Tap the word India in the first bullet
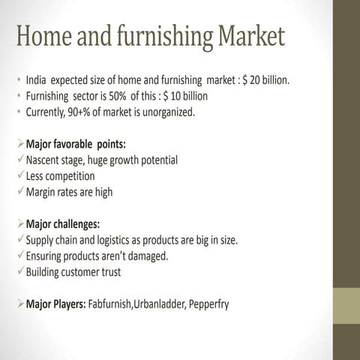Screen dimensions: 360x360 [37, 79]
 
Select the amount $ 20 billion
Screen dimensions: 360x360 [266, 79]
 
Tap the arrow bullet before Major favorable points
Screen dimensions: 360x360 [19, 143]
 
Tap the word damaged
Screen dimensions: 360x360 [147, 256]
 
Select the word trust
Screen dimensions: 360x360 [108, 272]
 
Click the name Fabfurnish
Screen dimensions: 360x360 [109, 304]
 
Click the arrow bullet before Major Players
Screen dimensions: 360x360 [19, 304]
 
